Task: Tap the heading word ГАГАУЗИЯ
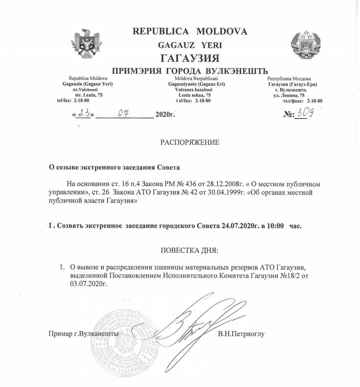tap(190, 58)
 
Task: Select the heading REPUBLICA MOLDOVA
tap(190, 31)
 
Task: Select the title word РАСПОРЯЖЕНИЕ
tap(190, 143)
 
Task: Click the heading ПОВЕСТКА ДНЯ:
tap(190, 250)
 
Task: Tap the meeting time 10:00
tap(275, 225)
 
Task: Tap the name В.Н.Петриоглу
tap(241, 333)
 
